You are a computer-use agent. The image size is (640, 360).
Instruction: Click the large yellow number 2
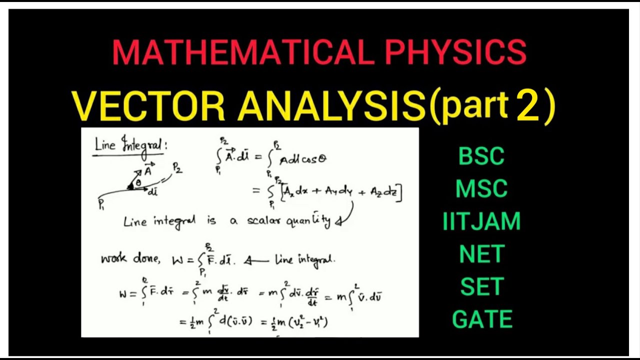pyautogui.click(x=528, y=106)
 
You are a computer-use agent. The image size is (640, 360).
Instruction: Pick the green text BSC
pyautogui.click(x=481, y=156)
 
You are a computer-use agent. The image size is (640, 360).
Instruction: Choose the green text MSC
pyautogui.click(x=481, y=189)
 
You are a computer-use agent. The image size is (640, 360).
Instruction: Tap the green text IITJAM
pyautogui.click(x=481, y=221)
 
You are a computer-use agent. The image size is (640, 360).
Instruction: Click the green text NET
pyautogui.click(x=481, y=254)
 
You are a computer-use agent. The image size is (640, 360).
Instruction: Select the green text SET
pyautogui.click(x=481, y=286)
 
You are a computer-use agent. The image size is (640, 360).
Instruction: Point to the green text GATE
pyautogui.click(x=481, y=319)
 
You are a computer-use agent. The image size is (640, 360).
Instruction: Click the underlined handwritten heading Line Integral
pyautogui.click(x=131, y=145)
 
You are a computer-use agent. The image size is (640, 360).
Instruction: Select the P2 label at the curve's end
pyautogui.click(x=177, y=169)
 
